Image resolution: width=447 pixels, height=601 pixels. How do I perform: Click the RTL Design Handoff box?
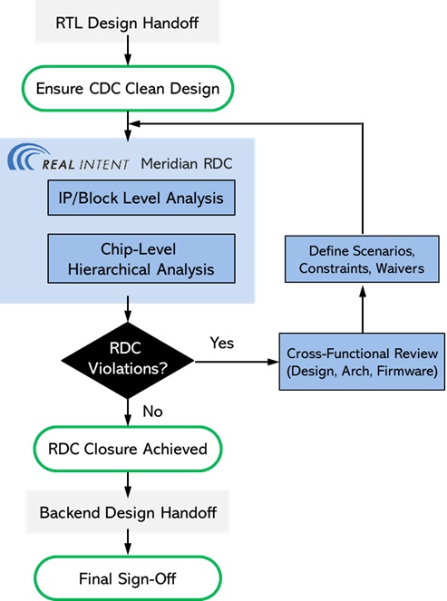(x=128, y=22)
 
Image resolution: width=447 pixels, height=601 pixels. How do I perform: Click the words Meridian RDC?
(x=185, y=163)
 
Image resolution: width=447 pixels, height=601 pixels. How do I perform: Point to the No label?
(x=153, y=412)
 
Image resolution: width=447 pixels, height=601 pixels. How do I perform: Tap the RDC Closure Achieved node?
(x=128, y=449)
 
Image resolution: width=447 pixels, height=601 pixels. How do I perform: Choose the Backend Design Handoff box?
(x=128, y=513)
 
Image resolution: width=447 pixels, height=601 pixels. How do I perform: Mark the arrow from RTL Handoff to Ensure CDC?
(x=128, y=54)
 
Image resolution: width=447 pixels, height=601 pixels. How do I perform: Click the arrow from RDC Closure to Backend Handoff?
(x=128, y=481)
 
